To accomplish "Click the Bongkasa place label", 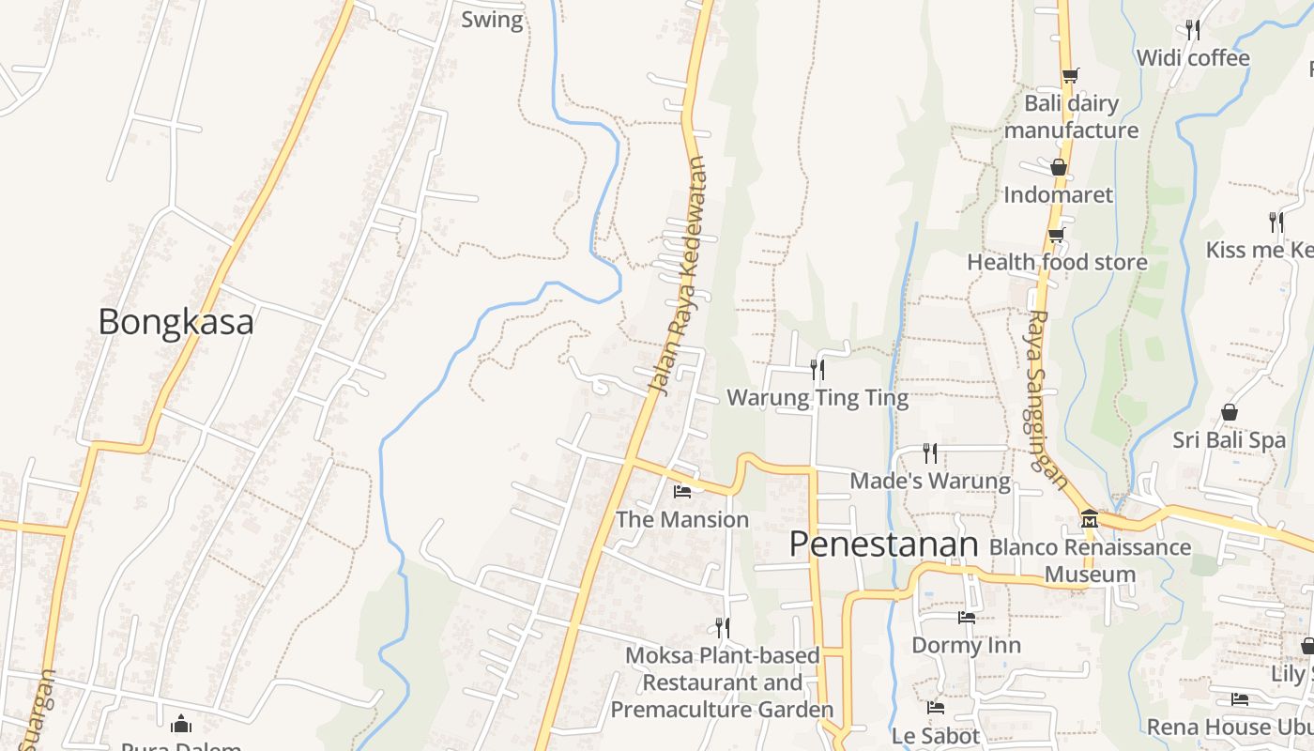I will tap(176, 322).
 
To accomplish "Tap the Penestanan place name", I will tap(883, 544).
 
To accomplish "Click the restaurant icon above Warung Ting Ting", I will tap(817, 370).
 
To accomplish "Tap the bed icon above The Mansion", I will tap(682, 491).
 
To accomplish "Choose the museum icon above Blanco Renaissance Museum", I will tap(1089, 518).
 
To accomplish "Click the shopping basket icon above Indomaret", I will tap(1059, 167).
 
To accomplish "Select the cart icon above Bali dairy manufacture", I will tap(1069, 75).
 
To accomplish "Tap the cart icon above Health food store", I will tap(1057, 235).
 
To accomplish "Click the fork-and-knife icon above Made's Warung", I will tap(930, 453).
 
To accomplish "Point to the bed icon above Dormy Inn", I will tap(966, 618).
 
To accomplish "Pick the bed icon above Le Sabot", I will tap(935, 708).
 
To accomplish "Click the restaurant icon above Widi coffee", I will tap(1193, 29).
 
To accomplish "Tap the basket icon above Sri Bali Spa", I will tap(1229, 412).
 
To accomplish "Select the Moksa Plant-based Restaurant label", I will tap(722, 682).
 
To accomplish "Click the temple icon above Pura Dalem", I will tap(181, 724).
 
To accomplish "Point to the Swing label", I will tap(492, 19).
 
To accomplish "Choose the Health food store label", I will tap(1057, 262).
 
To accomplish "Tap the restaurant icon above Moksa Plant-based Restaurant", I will tap(722, 626).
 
